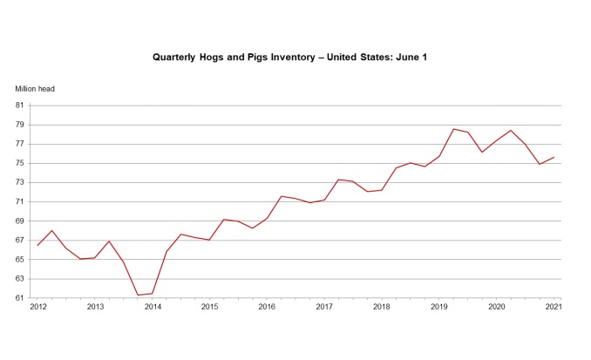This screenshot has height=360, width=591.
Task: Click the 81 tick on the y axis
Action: [x=20, y=105]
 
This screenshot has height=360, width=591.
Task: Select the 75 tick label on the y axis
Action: [x=20, y=163]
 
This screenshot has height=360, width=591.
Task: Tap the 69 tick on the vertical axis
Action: [x=20, y=221]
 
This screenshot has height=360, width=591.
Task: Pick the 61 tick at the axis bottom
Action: [x=20, y=299]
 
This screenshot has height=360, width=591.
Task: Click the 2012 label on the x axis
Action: [x=37, y=308]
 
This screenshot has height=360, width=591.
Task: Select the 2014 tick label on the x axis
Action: [x=153, y=308]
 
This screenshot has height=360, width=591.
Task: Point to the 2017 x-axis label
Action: [x=324, y=308]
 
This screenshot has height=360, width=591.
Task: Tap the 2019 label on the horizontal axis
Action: [x=438, y=308]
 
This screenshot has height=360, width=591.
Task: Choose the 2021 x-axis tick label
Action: [x=554, y=308]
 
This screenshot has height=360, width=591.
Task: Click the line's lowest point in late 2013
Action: [x=139, y=295]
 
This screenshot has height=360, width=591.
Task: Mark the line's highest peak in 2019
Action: [x=453, y=129]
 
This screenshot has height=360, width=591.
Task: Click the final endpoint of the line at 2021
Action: [x=554, y=158]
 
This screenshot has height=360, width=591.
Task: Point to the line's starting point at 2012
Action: [x=37, y=245]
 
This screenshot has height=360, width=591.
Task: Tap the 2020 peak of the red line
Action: [x=511, y=131]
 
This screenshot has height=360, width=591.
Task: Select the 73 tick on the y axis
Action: [x=20, y=182]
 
